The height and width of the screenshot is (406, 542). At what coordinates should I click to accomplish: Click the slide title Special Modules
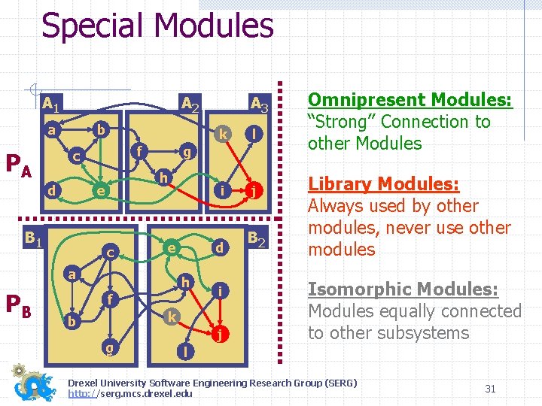pyautogui.click(x=157, y=25)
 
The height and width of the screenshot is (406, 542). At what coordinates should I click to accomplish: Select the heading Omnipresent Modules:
pyautogui.click(x=410, y=100)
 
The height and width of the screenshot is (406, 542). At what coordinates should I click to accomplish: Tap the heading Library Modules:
pyautogui.click(x=383, y=184)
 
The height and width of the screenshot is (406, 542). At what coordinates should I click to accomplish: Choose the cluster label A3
pyautogui.click(x=260, y=104)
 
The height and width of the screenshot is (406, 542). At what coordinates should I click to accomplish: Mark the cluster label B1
pyautogui.click(x=32, y=239)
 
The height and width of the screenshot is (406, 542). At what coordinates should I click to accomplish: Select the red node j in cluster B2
pyautogui.click(x=219, y=334)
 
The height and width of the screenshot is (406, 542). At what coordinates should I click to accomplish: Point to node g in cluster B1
pyautogui.click(x=111, y=347)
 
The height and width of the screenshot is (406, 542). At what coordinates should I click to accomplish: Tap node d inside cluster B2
pyautogui.click(x=219, y=247)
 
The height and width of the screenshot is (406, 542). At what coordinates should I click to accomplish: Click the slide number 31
pyautogui.click(x=490, y=389)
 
